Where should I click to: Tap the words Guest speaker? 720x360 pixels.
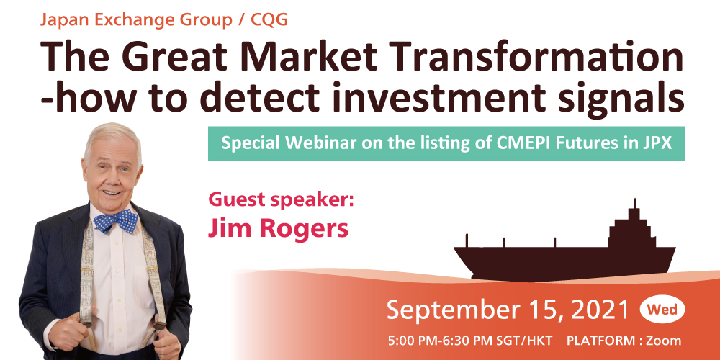tap(281, 201)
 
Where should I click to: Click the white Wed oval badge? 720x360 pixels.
tap(662, 310)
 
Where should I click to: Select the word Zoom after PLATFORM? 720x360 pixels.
tap(664, 341)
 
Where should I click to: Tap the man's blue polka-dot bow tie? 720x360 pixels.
tap(116, 220)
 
